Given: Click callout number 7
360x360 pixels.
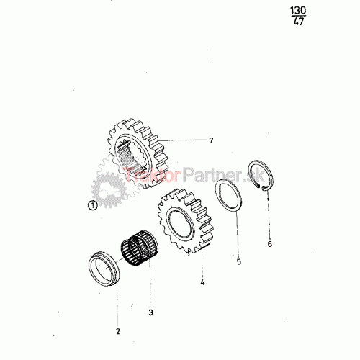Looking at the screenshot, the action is pos(211,140).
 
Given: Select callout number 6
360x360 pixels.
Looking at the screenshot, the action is pos(270,244).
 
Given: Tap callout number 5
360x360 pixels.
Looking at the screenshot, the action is pos(239,261).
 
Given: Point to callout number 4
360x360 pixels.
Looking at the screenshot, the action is pos(202,282).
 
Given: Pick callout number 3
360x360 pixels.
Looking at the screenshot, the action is pos(150,312).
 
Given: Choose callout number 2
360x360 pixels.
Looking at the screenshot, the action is pos(117,331).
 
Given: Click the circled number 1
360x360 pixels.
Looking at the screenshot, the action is pos(93,205).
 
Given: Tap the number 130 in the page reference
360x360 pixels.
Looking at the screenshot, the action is pos(298,11).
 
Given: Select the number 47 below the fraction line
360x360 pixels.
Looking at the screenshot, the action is pos(299,22).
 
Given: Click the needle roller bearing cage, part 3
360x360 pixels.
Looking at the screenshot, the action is pos(139,248).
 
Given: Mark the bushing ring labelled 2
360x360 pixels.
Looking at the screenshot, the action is pos(104,269).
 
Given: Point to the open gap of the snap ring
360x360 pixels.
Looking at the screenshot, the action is pos(261,187).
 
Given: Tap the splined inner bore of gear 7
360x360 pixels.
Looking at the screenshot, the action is pos(130,156).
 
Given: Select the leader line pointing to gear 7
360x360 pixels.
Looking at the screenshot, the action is pos(183,140).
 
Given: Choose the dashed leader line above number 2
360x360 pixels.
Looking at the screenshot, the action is pos(117,307).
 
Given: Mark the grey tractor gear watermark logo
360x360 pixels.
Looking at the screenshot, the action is pos(109,189).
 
